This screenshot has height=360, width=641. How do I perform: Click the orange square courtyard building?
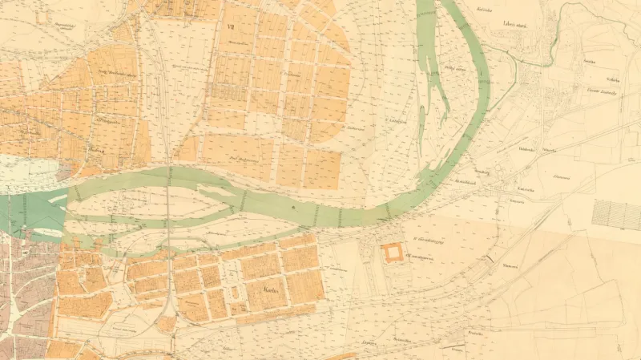[393, 253]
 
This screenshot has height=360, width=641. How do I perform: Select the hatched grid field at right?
[616, 214]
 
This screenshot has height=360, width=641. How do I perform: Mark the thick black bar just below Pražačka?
[487, 258]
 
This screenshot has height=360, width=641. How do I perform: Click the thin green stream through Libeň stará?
[513, 53]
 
